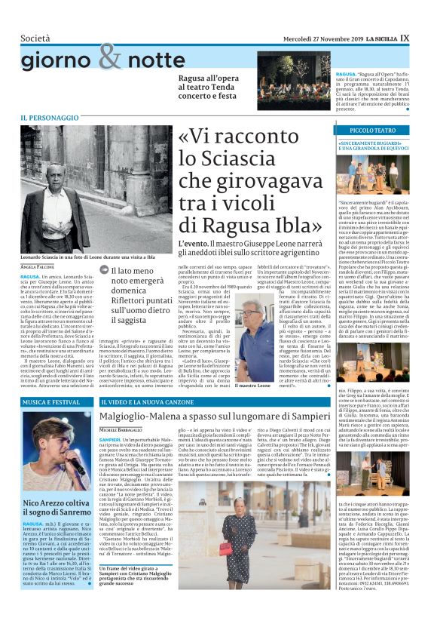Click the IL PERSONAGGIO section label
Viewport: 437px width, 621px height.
pos(49,118)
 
